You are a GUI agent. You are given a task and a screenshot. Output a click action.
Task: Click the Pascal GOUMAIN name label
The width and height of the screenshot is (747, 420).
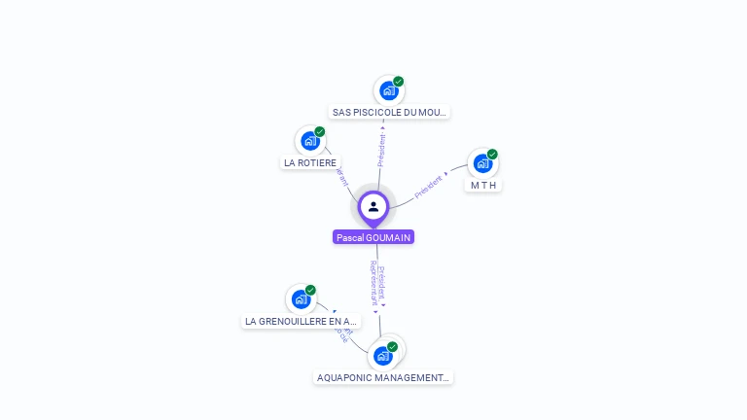pos(373,237)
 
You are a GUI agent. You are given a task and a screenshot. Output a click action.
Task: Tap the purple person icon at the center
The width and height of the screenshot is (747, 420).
pos(373,206)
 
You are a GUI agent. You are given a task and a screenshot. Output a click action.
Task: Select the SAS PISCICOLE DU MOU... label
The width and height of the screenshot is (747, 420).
pos(389,112)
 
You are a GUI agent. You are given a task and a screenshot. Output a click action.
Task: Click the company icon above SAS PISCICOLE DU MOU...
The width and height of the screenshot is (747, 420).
pos(389,91)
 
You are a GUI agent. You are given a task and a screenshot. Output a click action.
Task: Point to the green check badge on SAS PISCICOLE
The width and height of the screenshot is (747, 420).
pos(399,82)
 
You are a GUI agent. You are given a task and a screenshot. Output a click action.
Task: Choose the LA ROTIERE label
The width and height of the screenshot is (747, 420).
pos(310,162)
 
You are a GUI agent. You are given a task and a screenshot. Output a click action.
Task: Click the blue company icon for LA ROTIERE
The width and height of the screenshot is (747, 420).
pos(310,141)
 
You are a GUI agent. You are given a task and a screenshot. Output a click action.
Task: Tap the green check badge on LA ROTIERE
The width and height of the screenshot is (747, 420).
pos(320,131)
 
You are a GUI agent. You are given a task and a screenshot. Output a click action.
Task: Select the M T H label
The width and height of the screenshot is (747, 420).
pos(483,185)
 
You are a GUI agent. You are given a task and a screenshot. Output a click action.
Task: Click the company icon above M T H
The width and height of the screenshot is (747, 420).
pos(482,163)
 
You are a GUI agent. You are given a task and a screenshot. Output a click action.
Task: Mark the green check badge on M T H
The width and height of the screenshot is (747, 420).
pos(492,154)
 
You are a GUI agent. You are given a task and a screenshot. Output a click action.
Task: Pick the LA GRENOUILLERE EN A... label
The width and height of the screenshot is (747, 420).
pos(301,321)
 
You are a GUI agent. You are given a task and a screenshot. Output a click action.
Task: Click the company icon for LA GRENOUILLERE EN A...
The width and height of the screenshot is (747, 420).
pos(301,299)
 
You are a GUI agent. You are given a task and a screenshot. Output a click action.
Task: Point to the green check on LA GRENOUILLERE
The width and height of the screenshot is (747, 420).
pos(310,290)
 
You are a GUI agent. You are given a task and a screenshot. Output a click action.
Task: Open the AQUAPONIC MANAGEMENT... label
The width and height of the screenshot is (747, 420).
pos(383,377)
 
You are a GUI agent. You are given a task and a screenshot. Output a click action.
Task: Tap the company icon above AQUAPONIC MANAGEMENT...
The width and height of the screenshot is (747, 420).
pos(382,356)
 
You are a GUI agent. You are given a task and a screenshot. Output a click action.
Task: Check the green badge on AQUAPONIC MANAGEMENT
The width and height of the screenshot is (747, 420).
pos(392,346)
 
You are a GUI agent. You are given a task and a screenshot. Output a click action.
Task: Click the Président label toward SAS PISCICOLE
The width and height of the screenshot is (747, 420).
pos(381,150)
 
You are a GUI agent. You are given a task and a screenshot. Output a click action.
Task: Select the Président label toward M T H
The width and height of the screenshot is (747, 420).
pos(429,186)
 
